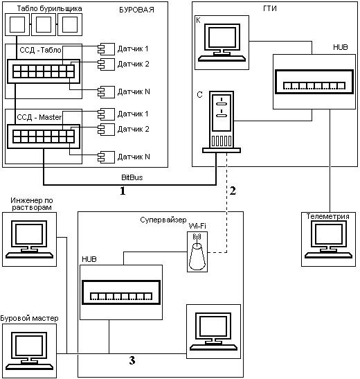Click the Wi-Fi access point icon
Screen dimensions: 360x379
coord(197,252)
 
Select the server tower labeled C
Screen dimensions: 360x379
coord(222,122)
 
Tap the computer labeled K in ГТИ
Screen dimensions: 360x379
coord(222,42)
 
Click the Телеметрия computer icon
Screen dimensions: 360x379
coord(328,240)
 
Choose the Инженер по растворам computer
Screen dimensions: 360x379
coord(30,239)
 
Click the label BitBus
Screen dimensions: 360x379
coord(132,177)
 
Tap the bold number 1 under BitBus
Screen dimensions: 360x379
coord(123,191)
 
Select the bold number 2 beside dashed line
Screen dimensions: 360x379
coord(233,191)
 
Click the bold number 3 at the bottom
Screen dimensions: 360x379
coord(132,360)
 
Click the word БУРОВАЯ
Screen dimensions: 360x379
coord(136,10)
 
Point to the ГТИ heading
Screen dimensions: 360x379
coord(270,9)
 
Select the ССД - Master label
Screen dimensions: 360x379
coord(39,117)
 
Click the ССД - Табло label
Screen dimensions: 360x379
coord(40,50)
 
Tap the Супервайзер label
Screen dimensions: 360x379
coord(163,220)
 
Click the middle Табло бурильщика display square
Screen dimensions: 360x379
coord(44,24)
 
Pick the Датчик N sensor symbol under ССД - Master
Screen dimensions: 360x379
coord(106,157)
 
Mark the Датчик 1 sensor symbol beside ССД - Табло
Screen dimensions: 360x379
coord(106,49)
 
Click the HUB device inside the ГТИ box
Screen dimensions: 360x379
coord(314,82)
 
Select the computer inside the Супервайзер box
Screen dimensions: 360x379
coord(214,331)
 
